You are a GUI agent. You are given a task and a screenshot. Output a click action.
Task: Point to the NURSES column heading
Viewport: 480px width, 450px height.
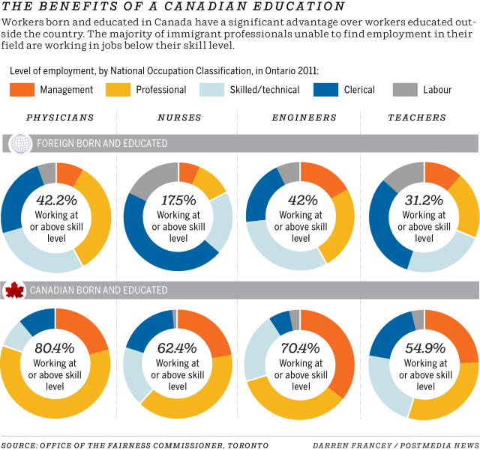pos(178,118)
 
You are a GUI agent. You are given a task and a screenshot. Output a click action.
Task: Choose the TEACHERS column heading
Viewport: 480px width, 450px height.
pos(417,118)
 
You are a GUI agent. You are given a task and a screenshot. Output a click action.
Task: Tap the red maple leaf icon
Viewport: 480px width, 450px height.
pos(14,290)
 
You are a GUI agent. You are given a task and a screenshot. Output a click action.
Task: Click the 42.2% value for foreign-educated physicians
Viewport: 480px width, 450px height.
pos(55,201)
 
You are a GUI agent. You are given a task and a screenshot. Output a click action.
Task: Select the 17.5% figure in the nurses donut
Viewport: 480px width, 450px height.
pos(178,201)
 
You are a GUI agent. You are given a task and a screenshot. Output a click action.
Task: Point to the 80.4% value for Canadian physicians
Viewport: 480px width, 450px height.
pos(55,348)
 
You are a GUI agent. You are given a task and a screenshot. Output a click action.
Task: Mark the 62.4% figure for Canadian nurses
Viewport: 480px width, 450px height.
pos(178,348)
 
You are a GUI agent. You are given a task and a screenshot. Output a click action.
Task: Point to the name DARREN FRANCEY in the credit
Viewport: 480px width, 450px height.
pos(346,445)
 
